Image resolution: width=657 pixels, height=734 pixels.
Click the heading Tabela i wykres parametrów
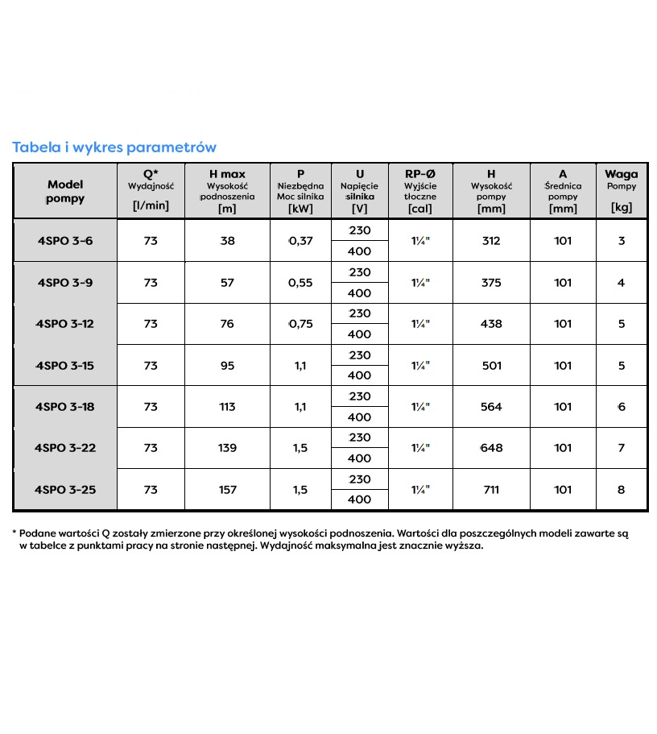click(114, 147)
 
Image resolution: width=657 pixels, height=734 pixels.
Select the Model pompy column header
click(65, 192)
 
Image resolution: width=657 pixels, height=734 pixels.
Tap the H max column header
click(227, 174)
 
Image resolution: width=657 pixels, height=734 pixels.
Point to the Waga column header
click(621, 174)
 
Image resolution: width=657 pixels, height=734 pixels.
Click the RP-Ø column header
click(420, 174)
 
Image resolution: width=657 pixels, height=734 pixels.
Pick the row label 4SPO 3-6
click(65, 241)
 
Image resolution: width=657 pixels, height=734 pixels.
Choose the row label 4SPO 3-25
click(65, 489)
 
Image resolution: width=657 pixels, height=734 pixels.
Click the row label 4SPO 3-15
click(65, 366)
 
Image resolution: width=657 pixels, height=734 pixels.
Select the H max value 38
click(227, 241)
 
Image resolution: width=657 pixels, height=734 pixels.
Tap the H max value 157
click(227, 489)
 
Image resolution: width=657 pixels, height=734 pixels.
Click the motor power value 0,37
click(300, 241)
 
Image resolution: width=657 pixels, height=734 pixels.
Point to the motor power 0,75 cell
click(300, 324)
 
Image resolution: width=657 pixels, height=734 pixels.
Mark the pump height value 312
click(491, 241)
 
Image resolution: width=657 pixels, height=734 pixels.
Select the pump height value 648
click(491, 448)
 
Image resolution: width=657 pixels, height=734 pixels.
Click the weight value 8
click(621, 489)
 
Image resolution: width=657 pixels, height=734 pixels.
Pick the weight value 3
click(621, 241)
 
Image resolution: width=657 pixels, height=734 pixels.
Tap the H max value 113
click(227, 407)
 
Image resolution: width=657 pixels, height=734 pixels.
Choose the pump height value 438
click(491, 324)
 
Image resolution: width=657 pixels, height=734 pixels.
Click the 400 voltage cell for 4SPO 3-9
click(360, 293)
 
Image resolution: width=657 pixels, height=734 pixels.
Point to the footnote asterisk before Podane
click(14, 533)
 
